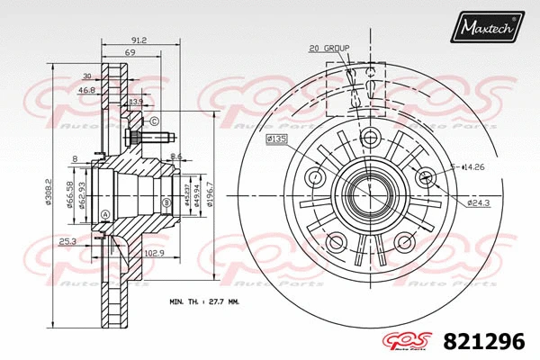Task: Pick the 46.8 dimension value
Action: coord(86,91)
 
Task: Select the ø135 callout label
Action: coord(275,140)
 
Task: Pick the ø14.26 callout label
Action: coord(474,166)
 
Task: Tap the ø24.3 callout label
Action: coord(480,203)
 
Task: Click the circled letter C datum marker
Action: coord(155,121)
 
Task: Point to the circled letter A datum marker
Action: coord(105,213)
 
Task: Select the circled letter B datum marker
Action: coord(166,203)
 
